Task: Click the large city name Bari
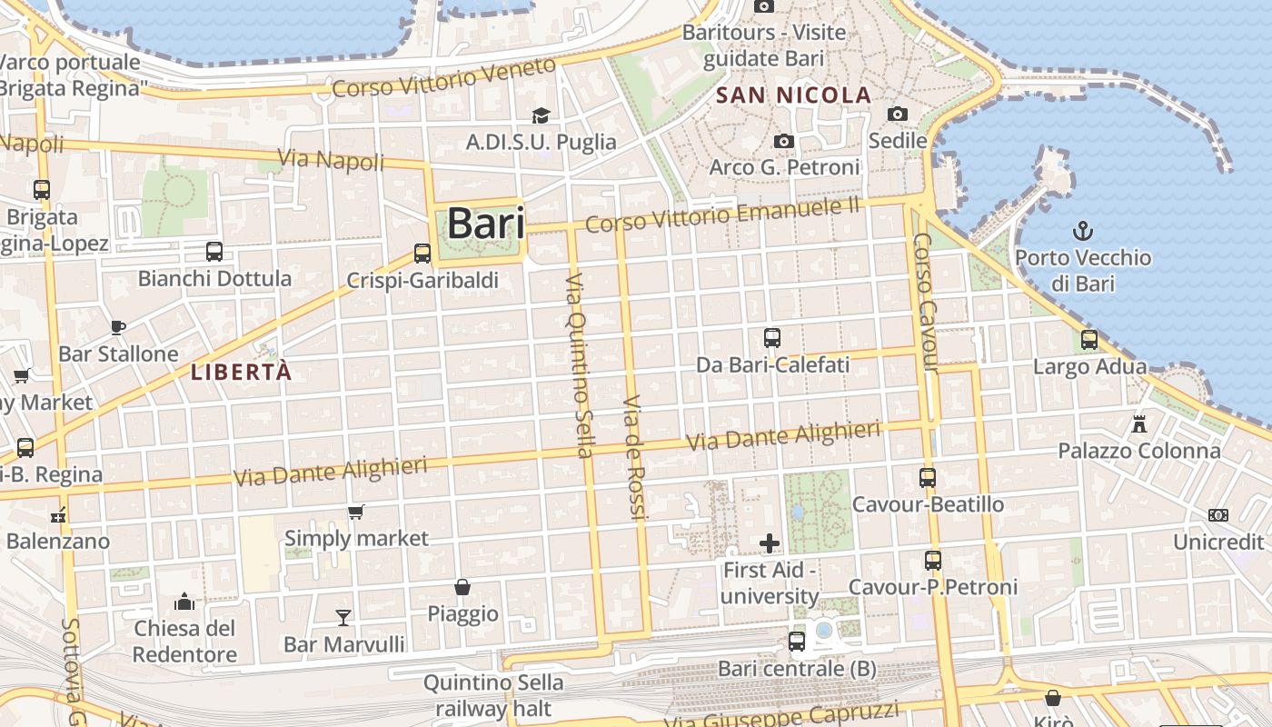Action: pos(486,224)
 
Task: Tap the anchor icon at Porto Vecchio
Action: pos(1082,230)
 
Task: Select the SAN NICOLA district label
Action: pos(793,95)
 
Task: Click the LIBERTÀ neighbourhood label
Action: pos(242,372)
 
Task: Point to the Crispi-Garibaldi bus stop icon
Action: pos(422,254)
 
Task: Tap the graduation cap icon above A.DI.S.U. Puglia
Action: pos(541,115)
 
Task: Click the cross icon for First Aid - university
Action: pos(770,543)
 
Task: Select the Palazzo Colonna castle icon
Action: pos(1138,423)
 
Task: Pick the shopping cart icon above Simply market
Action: pos(356,513)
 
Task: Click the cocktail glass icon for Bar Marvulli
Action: pos(343,618)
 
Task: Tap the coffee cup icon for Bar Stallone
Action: pos(117,327)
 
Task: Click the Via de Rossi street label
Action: pos(634,459)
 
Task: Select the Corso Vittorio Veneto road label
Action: pos(443,78)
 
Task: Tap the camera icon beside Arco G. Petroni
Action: pos(783,141)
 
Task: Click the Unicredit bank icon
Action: pos(1218,515)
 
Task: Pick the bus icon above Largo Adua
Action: pos(1089,341)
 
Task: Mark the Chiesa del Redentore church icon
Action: pos(184,602)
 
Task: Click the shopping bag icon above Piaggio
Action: pos(462,587)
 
